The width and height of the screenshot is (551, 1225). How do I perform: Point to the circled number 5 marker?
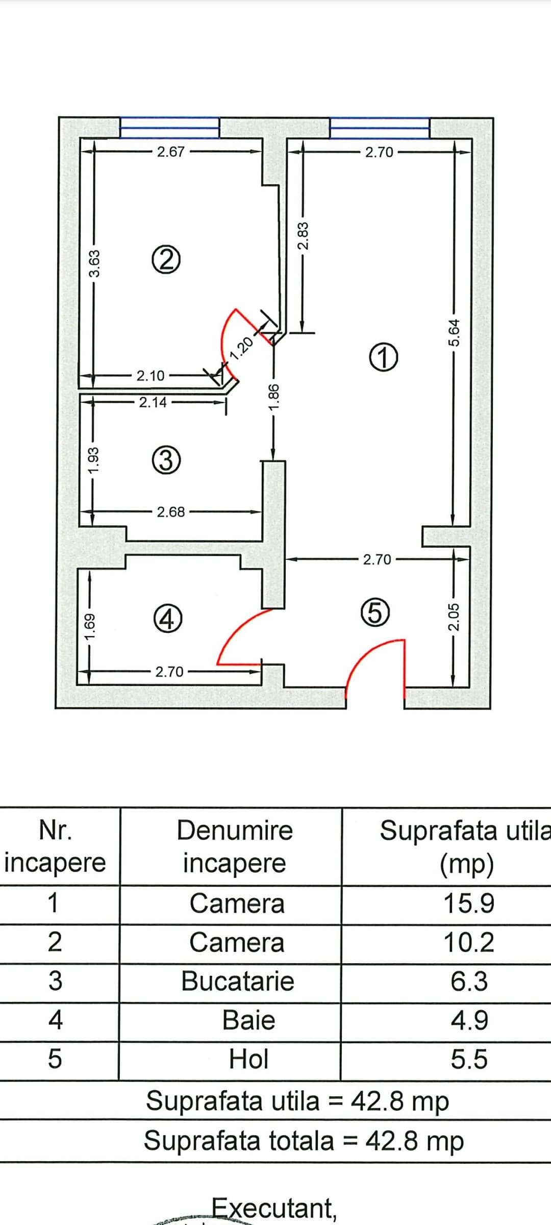(x=375, y=612)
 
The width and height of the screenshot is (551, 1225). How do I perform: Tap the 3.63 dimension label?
(x=94, y=263)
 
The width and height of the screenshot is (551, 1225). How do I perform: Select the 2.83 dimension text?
(x=303, y=235)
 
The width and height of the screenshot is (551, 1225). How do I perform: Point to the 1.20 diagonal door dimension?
(x=241, y=349)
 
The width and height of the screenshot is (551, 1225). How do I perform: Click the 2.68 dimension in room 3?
(x=170, y=511)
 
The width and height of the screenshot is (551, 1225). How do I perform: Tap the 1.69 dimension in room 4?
(x=90, y=627)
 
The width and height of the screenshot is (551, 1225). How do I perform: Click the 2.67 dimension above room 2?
(x=170, y=152)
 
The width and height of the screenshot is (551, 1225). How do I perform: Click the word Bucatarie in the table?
(x=238, y=981)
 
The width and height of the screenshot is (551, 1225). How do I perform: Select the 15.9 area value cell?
(x=469, y=903)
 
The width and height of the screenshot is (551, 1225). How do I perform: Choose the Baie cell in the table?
(x=249, y=1020)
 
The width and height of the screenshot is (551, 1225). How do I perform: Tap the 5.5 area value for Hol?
(x=469, y=1059)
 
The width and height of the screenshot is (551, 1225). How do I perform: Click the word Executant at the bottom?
(x=274, y=1208)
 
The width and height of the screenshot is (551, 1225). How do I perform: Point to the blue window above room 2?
(x=169, y=128)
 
